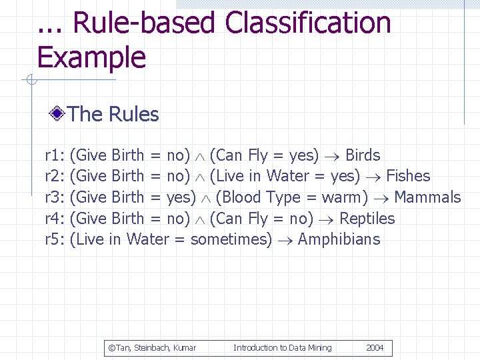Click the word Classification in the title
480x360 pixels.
pos(307,23)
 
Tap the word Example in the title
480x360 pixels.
pos(91,57)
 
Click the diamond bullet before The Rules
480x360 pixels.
pos(58,114)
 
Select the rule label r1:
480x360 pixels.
pos(54,155)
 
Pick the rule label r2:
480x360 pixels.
pos(54,176)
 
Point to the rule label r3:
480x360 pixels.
pos(54,197)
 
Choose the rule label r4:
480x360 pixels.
pos(54,219)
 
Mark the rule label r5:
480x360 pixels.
pos(54,239)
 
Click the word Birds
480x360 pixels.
pos(363,155)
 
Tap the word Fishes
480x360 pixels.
pos(408,176)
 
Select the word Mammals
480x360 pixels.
pos(427,197)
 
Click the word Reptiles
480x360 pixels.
pos(367,219)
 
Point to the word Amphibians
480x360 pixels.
pos(339,239)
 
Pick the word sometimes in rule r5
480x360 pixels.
pos(231,239)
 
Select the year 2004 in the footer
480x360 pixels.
pos(375,347)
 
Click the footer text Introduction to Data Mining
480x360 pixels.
pos(282,347)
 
